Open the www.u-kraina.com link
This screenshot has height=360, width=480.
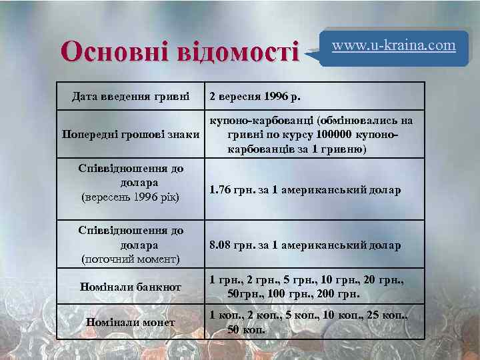393,45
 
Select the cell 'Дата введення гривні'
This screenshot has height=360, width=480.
130,96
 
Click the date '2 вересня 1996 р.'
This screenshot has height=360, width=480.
255,96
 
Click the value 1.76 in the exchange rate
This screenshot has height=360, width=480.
220,191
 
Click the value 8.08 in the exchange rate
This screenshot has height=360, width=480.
220,245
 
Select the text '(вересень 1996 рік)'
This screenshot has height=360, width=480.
130,197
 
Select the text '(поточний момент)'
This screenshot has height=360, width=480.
130,258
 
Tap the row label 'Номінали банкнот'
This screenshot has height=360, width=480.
130,287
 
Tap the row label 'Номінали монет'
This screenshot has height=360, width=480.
130,322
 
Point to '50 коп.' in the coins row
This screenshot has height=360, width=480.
246,329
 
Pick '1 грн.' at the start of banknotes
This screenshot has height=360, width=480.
222,280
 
